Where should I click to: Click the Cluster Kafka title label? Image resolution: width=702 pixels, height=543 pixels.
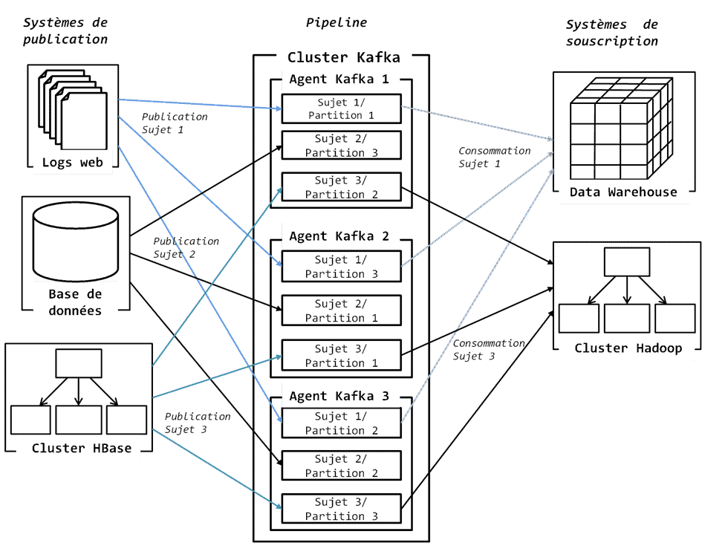(x=343, y=57)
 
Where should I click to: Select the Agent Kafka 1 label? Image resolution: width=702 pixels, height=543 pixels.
(x=339, y=79)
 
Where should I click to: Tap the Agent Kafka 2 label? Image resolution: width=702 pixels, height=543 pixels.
(x=339, y=236)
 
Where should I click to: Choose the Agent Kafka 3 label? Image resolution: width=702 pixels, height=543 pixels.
(x=339, y=396)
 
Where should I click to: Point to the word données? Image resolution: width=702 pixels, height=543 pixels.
(x=74, y=310)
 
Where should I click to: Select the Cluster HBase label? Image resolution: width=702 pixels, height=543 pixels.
(x=81, y=448)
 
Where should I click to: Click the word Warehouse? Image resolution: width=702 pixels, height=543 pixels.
(x=643, y=192)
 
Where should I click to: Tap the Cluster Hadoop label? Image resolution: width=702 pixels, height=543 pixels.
(x=628, y=348)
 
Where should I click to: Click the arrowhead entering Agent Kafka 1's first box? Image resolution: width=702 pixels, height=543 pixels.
(x=278, y=109)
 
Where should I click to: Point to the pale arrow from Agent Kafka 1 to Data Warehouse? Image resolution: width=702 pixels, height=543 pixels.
(x=475, y=123)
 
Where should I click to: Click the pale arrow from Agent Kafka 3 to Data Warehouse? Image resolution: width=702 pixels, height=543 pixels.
(x=475, y=290)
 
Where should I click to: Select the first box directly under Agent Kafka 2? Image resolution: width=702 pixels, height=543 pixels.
(x=342, y=266)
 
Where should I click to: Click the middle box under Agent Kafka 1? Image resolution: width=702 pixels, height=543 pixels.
(x=342, y=144)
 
